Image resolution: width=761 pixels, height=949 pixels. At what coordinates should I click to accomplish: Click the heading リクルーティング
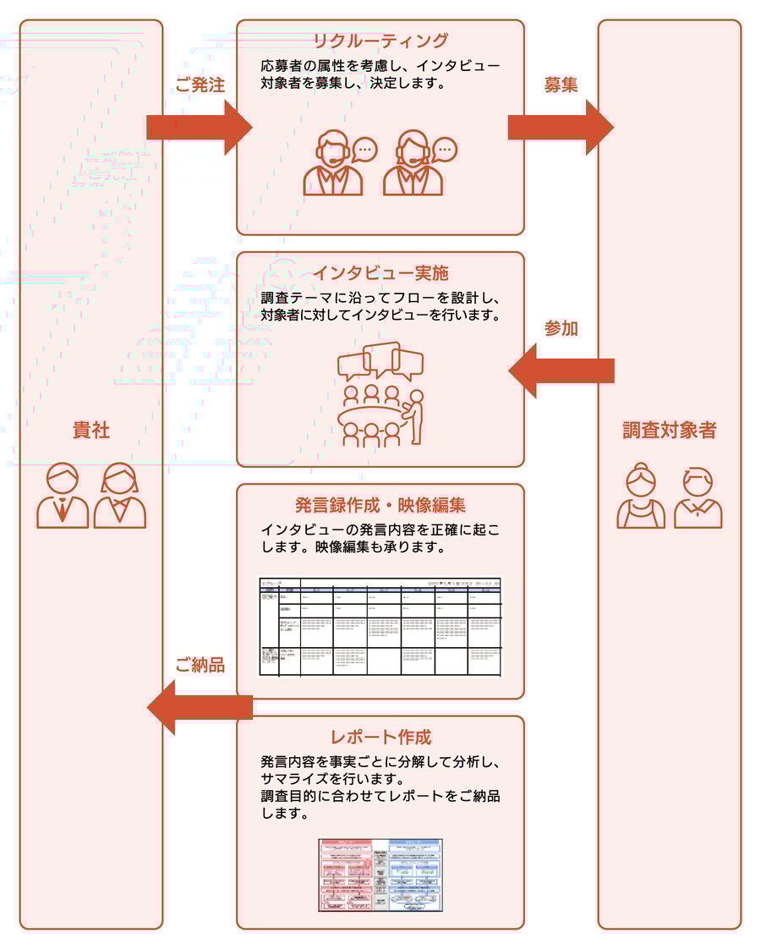click(x=380, y=41)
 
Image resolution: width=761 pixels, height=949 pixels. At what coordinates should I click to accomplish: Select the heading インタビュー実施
click(x=380, y=273)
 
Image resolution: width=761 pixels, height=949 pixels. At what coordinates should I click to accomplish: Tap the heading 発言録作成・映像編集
click(x=380, y=506)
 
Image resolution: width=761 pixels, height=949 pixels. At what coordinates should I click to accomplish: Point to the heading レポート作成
click(x=380, y=737)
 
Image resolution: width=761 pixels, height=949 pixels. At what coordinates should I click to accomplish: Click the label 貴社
click(x=91, y=430)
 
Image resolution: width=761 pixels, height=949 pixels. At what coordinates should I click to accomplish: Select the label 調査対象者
click(x=669, y=430)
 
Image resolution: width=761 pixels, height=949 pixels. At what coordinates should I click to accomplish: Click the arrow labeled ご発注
click(x=200, y=128)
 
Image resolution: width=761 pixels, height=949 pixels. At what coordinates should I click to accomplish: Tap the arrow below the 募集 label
click(x=560, y=128)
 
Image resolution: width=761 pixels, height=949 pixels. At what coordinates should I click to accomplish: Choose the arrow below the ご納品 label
click(x=200, y=707)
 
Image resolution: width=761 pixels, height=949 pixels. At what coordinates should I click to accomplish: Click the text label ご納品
click(x=200, y=666)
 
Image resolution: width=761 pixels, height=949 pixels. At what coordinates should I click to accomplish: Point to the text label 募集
click(x=561, y=85)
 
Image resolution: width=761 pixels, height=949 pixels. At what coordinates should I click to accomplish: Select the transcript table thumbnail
click(x=380, y=627)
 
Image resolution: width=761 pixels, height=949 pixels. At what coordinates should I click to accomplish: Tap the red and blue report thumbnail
click(x=380, y=875)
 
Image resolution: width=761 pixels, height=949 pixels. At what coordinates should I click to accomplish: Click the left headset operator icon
click(x=335, y=163)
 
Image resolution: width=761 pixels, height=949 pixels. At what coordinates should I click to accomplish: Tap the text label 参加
click(x=561, y=329)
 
